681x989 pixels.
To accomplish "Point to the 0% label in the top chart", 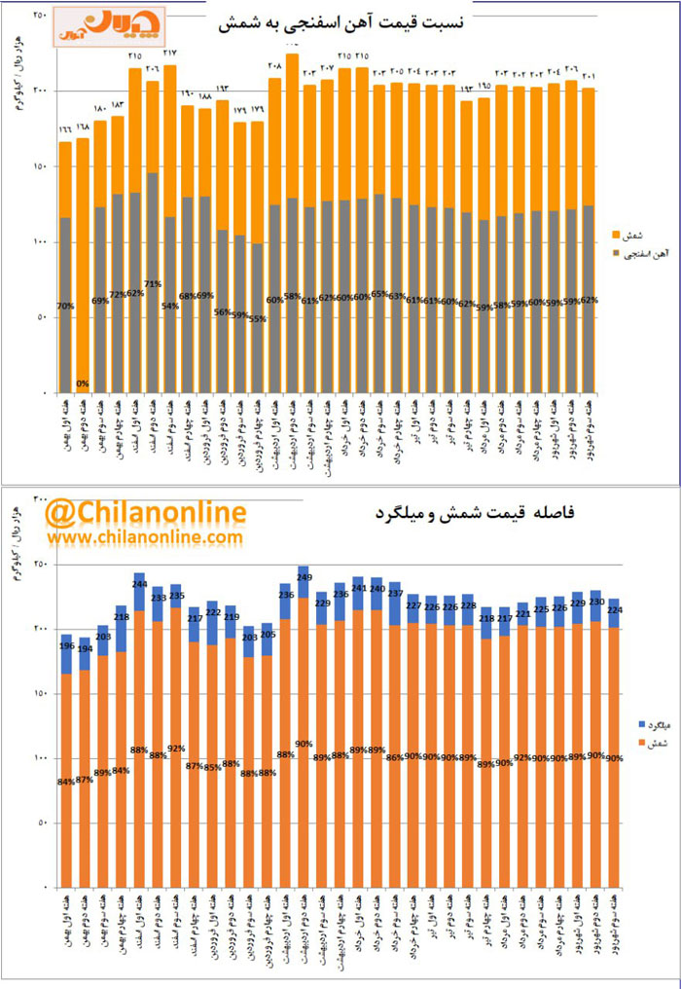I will [84, 384].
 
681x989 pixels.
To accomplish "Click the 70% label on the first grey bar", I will [65, 307].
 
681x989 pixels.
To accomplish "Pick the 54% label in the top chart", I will [169, 307].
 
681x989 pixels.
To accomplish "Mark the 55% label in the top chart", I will [257, 318].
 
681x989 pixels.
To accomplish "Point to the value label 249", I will [304, 578].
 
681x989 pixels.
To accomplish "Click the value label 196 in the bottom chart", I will [65, 645].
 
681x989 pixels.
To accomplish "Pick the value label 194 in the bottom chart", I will [84, 649].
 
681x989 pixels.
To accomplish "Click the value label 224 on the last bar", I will [614, 610].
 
